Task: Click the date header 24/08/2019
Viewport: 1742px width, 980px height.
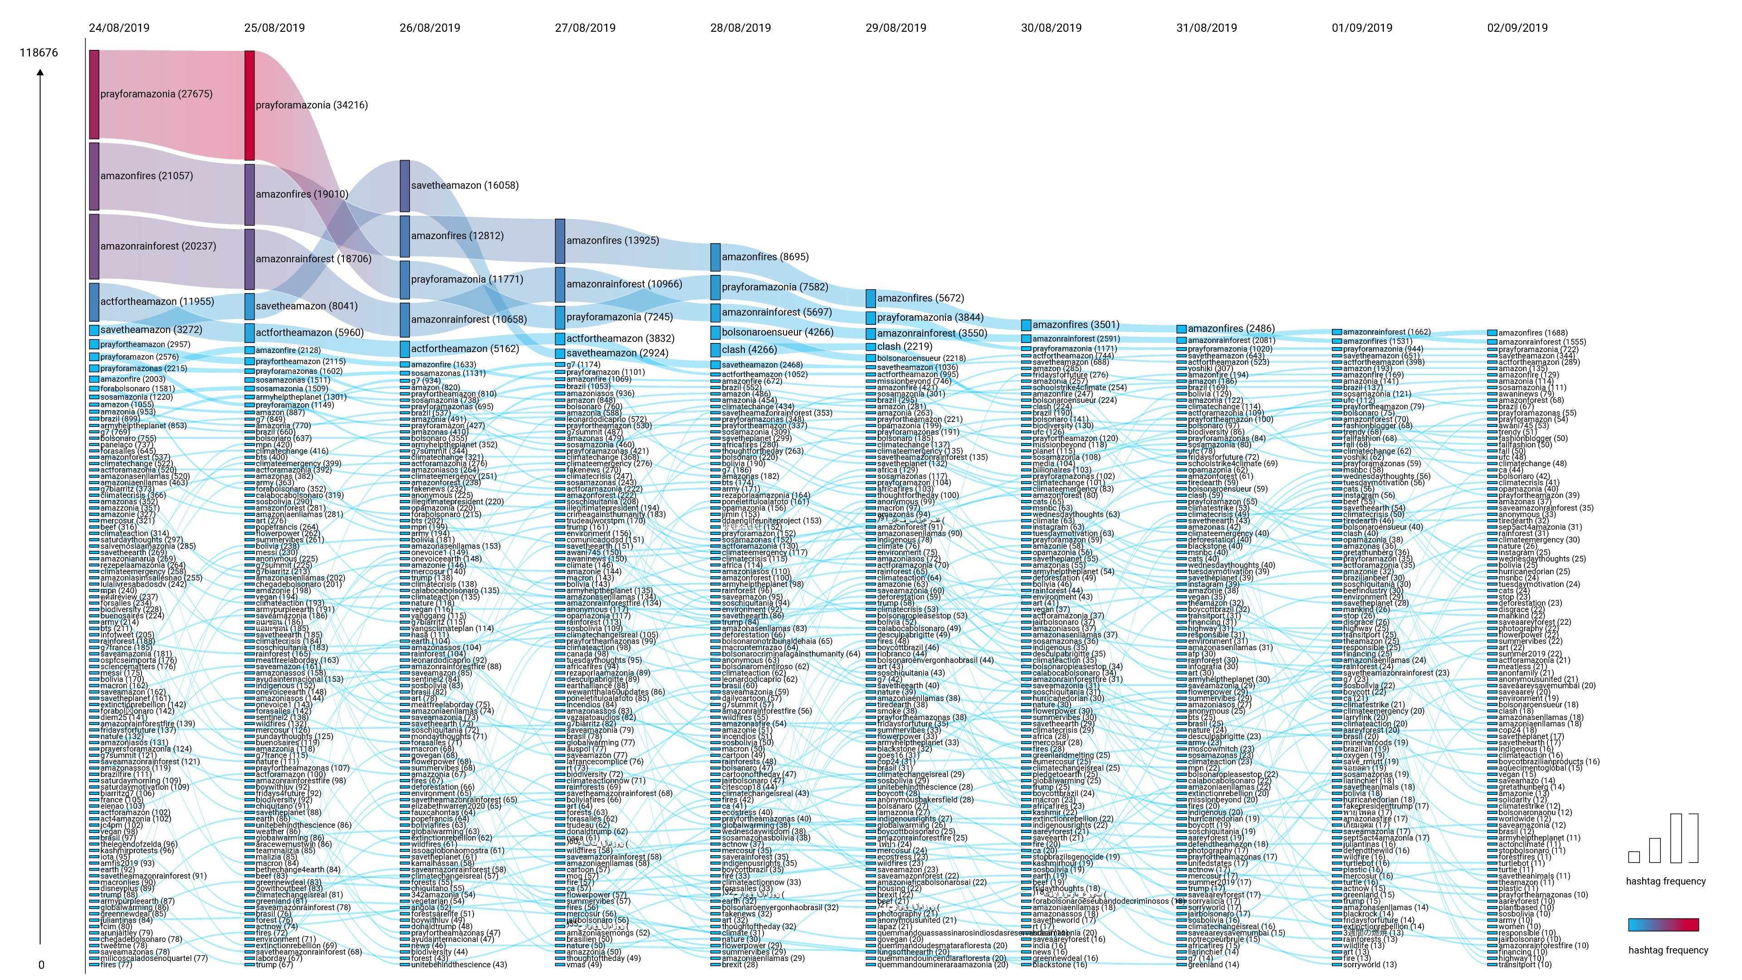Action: tap(119, 28)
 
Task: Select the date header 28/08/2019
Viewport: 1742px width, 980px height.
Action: tap(740, 28)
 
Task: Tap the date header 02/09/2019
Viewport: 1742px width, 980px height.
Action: tap(1517, 28)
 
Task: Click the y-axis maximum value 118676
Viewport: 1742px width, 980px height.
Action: tap(39, 53)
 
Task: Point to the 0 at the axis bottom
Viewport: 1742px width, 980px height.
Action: tap(41, 965)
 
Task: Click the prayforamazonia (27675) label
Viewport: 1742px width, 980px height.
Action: tap(156, 94)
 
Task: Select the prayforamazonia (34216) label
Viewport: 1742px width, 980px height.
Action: tap(312, 105)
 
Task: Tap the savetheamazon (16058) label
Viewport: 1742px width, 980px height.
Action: tap(465, 185)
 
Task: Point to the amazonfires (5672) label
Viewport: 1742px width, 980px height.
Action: tap(920, 298)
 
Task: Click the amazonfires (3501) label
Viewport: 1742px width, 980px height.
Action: tap(1076, 325)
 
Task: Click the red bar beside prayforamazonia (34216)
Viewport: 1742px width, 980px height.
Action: tap(250, 106)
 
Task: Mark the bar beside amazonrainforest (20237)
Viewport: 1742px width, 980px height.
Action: tap(94, 246)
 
